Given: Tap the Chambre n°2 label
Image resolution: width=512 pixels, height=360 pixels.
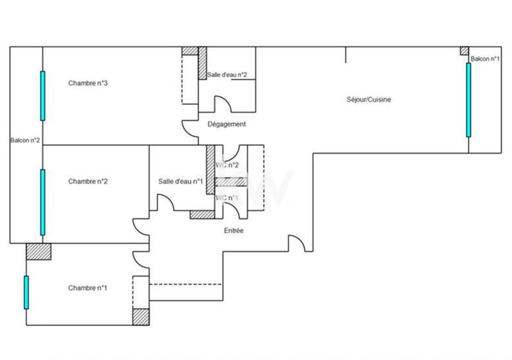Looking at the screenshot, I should tap(88, 181).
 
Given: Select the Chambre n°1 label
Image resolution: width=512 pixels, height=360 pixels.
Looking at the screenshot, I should tap(88, 288).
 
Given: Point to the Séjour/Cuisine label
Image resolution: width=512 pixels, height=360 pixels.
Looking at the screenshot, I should tap(369, 100).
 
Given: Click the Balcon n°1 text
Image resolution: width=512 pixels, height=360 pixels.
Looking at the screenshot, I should tap(484, 60).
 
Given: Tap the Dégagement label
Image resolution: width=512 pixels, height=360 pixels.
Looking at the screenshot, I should tap(227, 124).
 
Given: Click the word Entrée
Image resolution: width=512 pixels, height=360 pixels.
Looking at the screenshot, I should tap(234, 231).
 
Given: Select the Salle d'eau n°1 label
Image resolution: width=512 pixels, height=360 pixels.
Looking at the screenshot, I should tap(180, 182).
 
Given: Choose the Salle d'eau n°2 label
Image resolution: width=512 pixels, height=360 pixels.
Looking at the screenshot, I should tap(227, 75).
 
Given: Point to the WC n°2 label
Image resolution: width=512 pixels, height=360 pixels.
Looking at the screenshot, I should tap(227, 165).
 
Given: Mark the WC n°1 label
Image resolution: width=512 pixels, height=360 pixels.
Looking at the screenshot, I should tap(227, 197).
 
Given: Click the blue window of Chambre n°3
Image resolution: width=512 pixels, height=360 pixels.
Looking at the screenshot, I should tap(43, 95).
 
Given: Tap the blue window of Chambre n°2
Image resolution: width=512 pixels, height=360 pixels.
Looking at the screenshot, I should tap(43, 202).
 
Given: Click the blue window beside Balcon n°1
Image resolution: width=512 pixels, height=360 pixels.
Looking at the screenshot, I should tap(468, 100).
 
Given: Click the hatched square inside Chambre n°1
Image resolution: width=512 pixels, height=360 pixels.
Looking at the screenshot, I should tap(140, 317).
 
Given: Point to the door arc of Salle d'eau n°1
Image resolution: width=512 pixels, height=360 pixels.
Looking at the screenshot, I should tap(165, 204).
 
